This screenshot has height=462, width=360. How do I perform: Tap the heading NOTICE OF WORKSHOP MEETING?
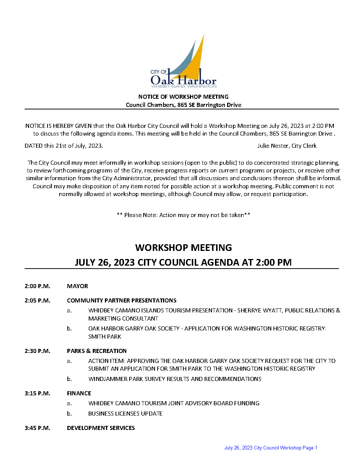(183, 97)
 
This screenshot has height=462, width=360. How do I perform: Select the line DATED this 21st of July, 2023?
(64, 146)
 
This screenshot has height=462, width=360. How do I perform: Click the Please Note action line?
(183, 215)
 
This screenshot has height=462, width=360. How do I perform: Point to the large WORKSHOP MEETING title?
(183, 248)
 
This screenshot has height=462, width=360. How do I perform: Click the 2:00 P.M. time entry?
(37, 286)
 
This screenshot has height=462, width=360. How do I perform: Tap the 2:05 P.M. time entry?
(37, 300)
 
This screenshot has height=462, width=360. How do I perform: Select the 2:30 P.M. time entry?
(37, 351)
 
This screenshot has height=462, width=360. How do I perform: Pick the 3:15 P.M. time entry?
(37, 393)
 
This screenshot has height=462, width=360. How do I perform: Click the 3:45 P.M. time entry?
(37, 428)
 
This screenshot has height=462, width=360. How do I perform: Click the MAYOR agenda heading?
(77, 286)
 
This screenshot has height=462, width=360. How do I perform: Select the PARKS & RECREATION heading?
(96, 351)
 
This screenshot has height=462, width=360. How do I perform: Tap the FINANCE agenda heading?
(79, 393)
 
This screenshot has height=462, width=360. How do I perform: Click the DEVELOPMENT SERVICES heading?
(100, 428)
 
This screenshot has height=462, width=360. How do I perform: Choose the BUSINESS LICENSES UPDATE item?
(125, 413)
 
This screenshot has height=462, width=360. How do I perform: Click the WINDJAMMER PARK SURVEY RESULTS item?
(174, 379)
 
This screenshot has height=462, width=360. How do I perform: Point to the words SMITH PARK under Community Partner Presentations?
(105, 336)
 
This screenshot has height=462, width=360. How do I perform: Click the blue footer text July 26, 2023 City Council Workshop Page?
(269, 448)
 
